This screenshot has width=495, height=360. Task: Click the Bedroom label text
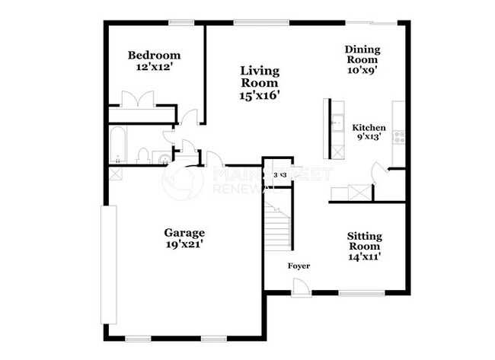click(x=154, y=55)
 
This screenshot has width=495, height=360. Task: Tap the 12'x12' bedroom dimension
click(x=154, y=67)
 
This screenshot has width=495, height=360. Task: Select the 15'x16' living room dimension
click(x=259, y=95)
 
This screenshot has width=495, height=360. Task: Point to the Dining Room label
click(x=362, y=55)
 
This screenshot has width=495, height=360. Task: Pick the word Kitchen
click(x=369, y=128)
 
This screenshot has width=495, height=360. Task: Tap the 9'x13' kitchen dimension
click(x=369, y=138)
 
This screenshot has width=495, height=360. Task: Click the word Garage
click(x=184, y=232)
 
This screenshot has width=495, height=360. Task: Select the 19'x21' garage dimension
click(x=184, y=245)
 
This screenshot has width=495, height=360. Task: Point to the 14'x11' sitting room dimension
click(x=365, y=256)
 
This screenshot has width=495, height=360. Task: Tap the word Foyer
click(x=299, y=266)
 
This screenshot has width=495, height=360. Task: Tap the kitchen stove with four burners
click(x=398, y=137)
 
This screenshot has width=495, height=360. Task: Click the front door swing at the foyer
click(x=300, y=288)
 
